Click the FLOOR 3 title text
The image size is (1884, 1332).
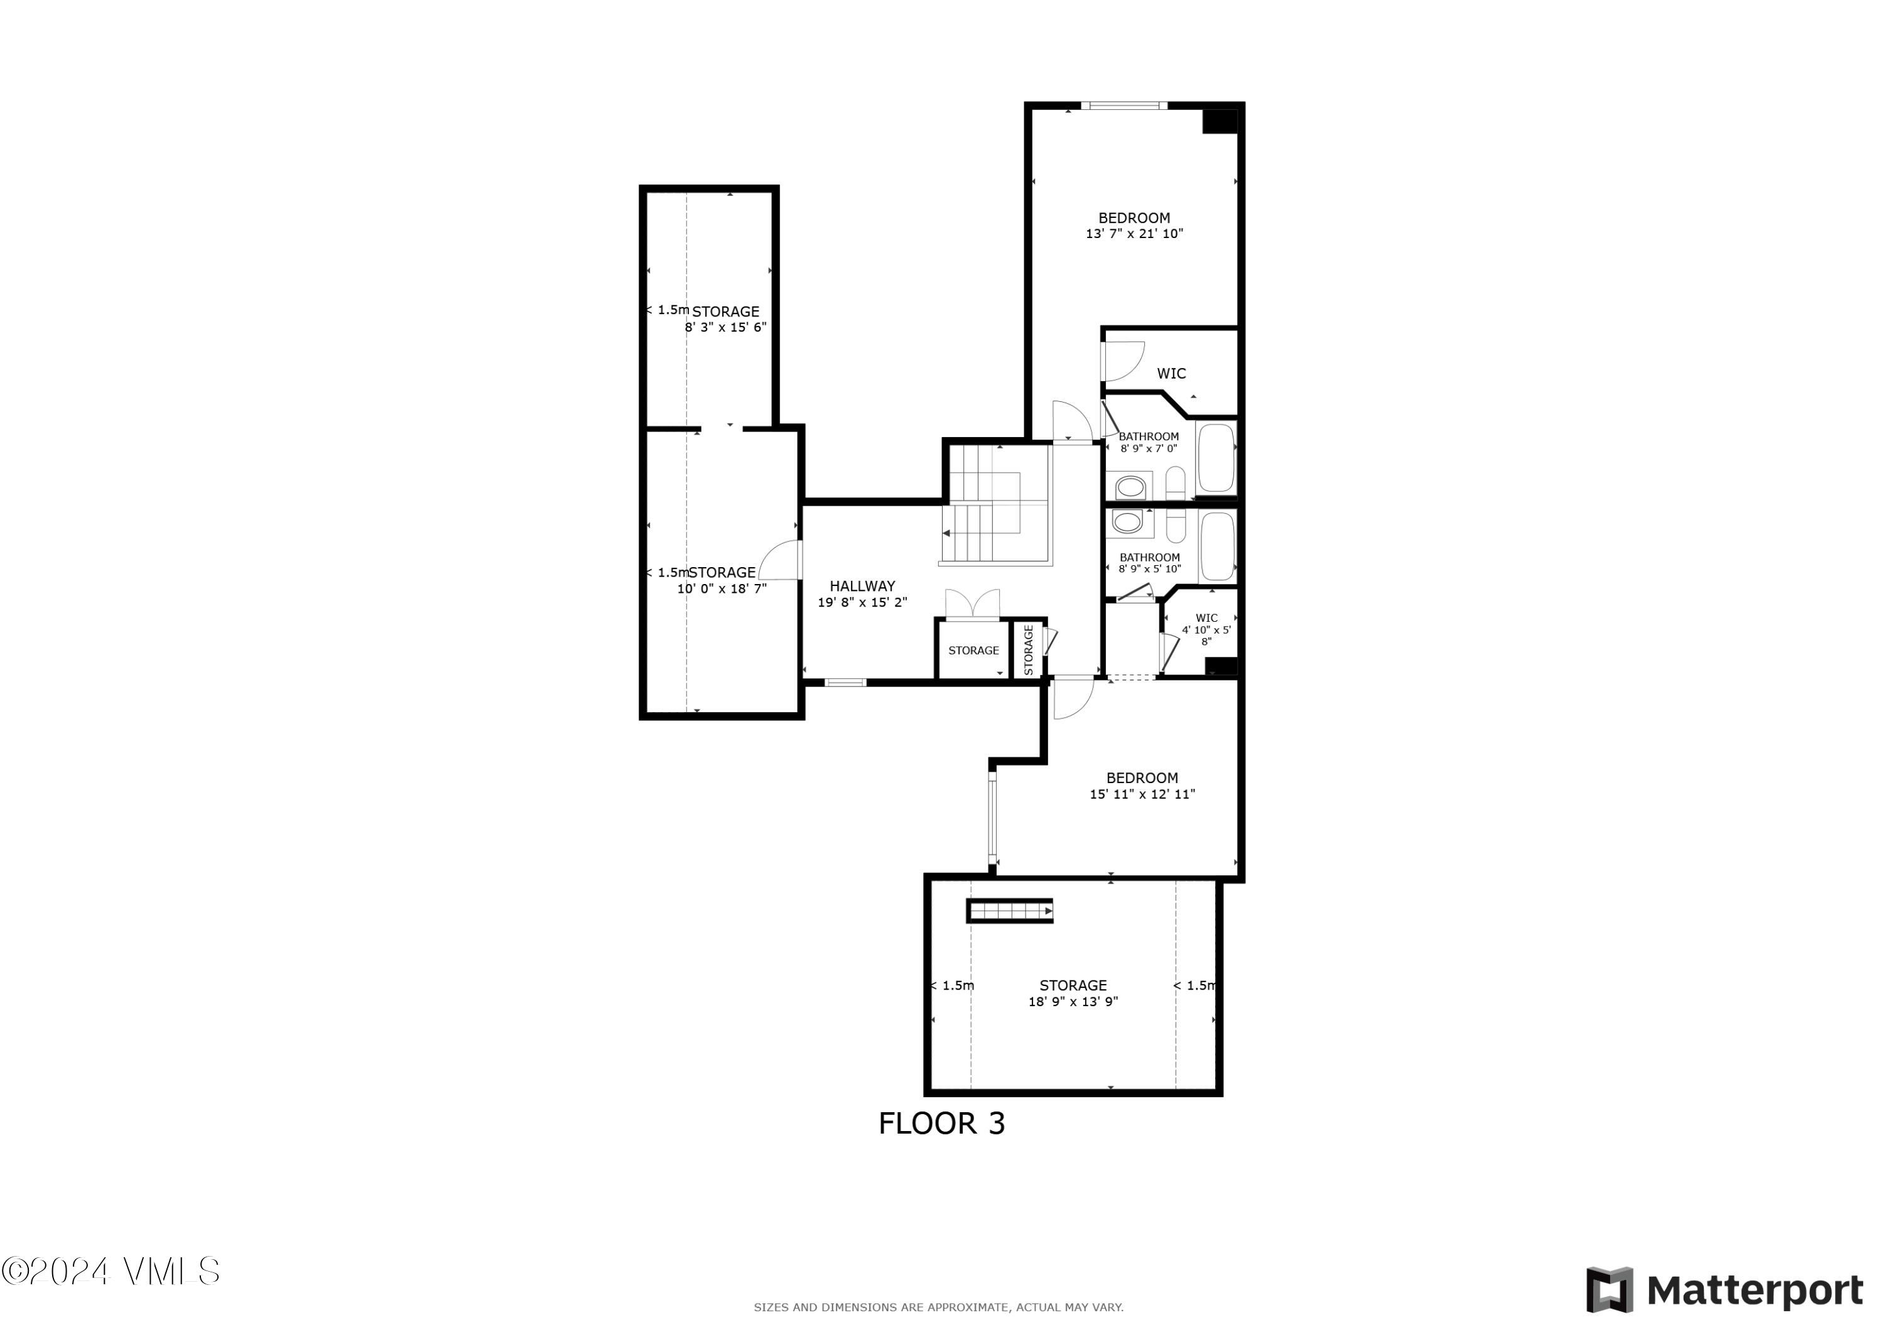tap(941, 1124)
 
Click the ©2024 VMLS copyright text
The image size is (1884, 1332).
tap(110, 1271)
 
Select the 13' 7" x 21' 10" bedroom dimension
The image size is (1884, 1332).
tap(1134, 234)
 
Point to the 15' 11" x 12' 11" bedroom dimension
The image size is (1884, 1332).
tap(1142, 794)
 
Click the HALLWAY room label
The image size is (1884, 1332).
tap(862, 586)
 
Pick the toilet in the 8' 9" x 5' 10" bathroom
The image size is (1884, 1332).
tap(1175, 526)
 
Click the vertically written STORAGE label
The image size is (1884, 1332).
tap(1028, 650)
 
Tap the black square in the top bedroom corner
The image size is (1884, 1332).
tap(1220, 121)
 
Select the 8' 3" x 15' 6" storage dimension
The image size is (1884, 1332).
tap(725, 327)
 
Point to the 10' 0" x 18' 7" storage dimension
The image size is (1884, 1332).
tap(722, 588)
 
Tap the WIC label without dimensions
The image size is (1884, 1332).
tap(1171, 374)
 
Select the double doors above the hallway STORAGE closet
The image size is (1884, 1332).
tap(972, 604)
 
